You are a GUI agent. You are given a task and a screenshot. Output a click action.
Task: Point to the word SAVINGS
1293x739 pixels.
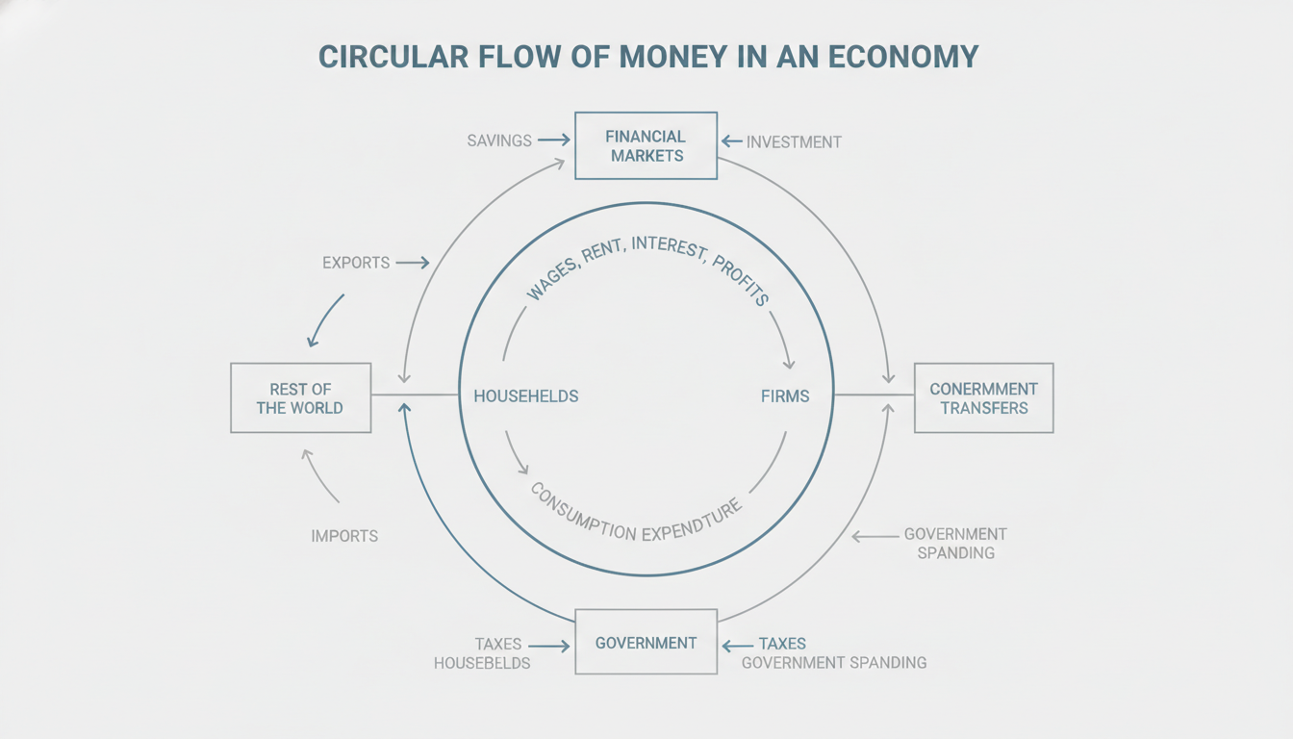coord(499,140)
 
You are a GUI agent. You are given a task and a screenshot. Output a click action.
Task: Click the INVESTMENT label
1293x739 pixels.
coord(794,142)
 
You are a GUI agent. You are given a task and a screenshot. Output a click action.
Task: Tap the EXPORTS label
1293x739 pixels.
coord(356,263)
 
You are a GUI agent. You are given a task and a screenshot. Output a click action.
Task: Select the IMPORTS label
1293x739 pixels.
coord(344,536)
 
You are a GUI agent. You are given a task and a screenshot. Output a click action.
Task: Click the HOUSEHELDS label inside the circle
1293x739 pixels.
coord(526,396)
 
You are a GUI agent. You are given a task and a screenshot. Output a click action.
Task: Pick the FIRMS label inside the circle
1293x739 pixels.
coord(785,396)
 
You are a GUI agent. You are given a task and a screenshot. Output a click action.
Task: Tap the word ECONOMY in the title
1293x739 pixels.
coord(903,57)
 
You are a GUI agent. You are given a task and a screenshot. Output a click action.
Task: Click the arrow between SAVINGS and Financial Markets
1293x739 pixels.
coord(553,140)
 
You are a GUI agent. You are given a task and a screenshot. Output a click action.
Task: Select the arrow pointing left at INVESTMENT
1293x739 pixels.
coord(731,140)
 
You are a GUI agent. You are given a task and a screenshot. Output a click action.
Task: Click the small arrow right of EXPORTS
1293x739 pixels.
coord(413,263)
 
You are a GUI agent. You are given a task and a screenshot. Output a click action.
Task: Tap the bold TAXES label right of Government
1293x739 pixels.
coord(782,644)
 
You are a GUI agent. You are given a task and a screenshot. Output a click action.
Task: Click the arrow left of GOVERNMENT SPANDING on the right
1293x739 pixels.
coord(875,536)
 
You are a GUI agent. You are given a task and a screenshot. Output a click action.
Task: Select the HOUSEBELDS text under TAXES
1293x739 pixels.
coord(482,663)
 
